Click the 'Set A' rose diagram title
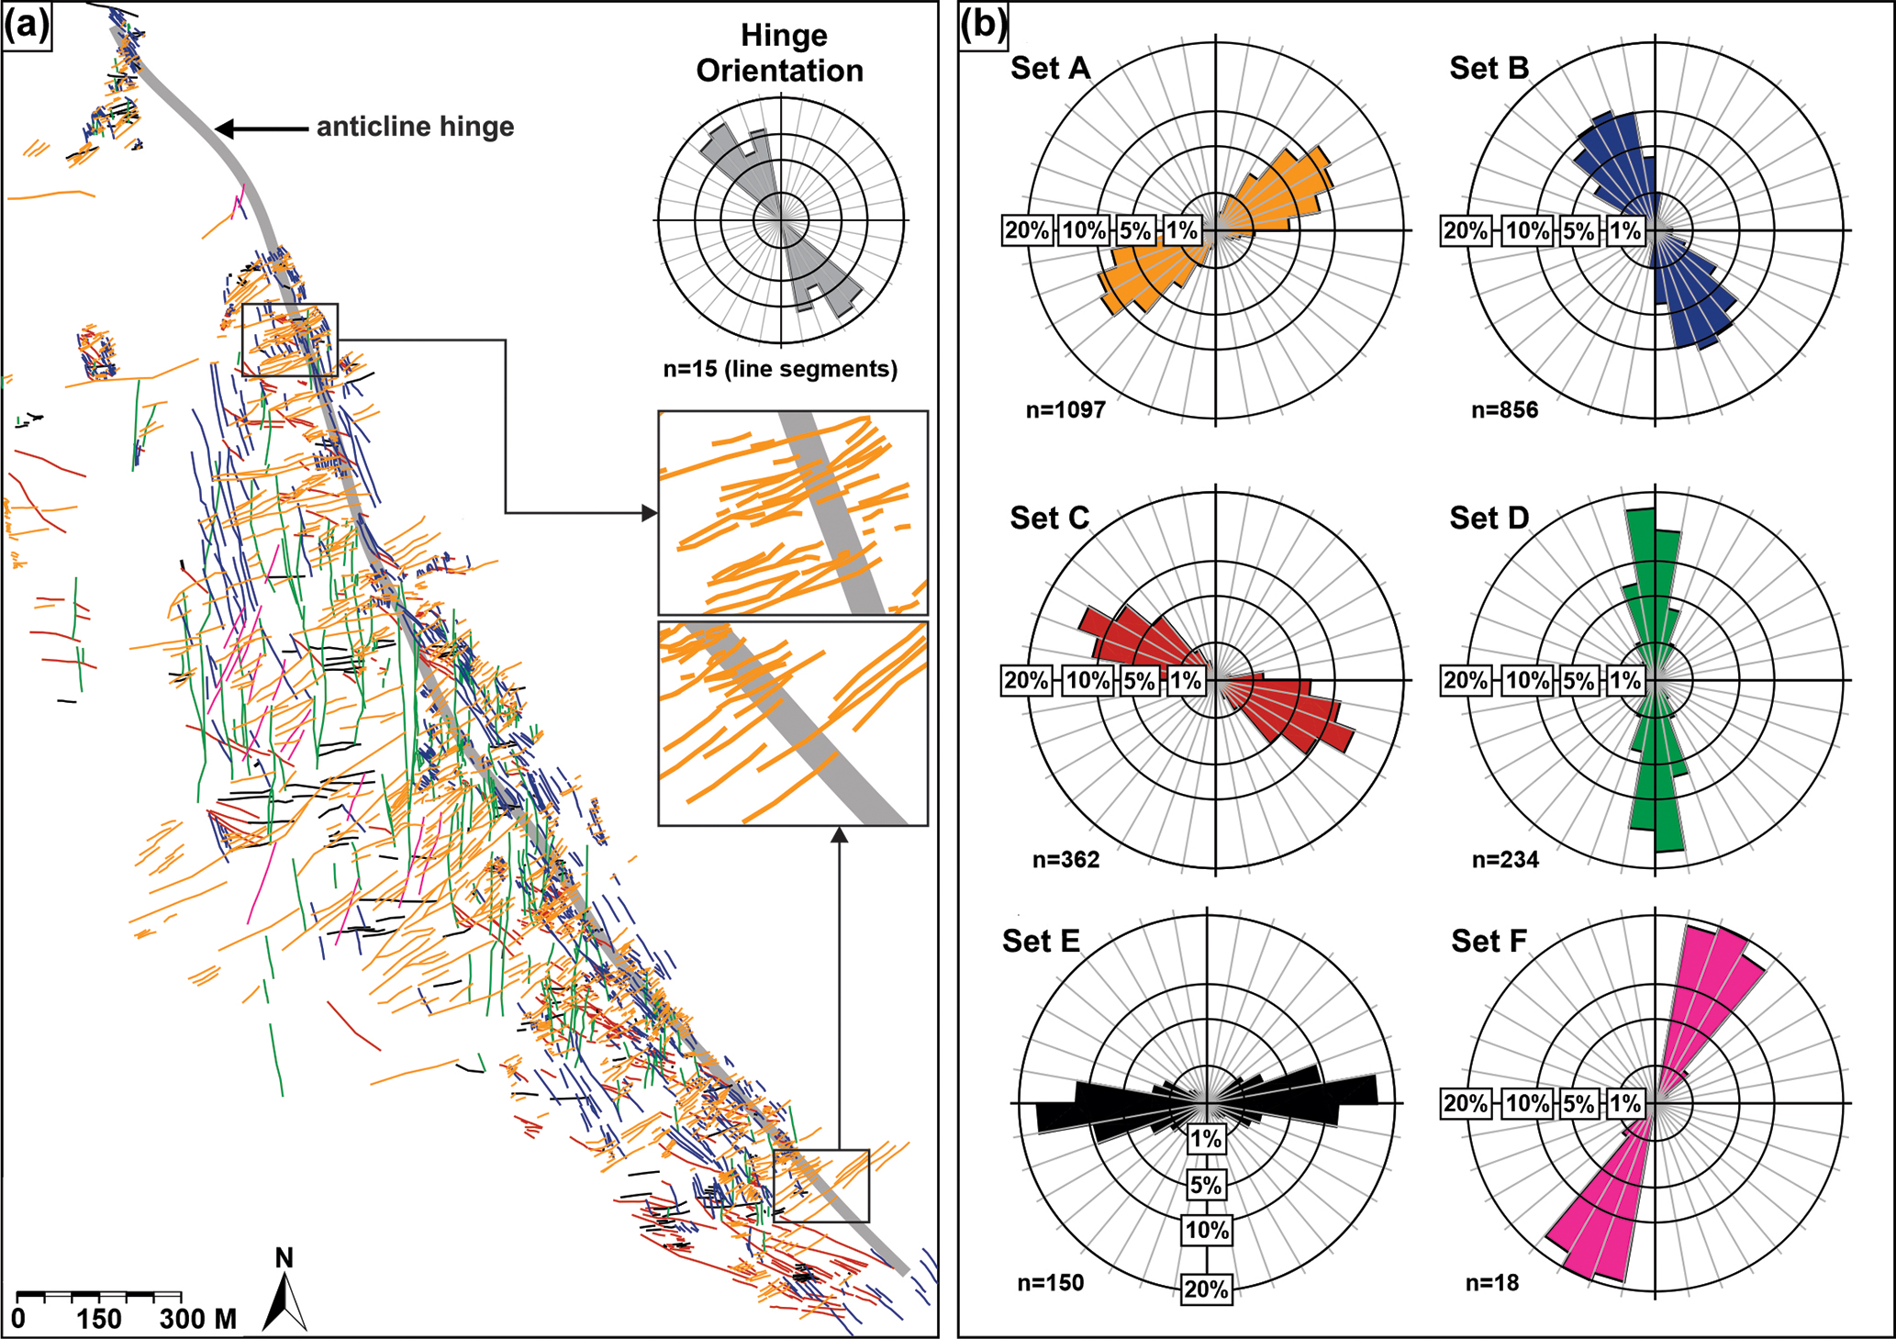pyautogui.click(x=1050, y=68)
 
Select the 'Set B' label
pyautogui.click(x=1489, y=68)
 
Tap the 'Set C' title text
pyautogui.click(x=1049, y=519)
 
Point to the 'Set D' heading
pyautogui.click(x=1489, y=519)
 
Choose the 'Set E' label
pyautogui.click(x=1041, y=942)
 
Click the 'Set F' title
pyautogui.click(x=1489, y=942)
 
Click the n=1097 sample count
pyautogui.click(x=1065, y=409)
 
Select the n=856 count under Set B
pyautogui.click(x=1504, y=409)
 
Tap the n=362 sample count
pyautogui.click(x=1065, y=860)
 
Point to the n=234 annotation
pyautogui.click(x=1505, y=860)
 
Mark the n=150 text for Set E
pyautogui.click(x=1050, y=1282)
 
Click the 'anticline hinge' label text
pyautogui.click(x=415, y=127)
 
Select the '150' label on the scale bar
pyautogui.click(x=98, y=1320)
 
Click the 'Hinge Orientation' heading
pyautogui.click(x=781, y=53)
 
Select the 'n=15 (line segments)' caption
pyautogui.click(x=780, y=369)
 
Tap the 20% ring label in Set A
pyautogui.click(x=1025, y=230)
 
